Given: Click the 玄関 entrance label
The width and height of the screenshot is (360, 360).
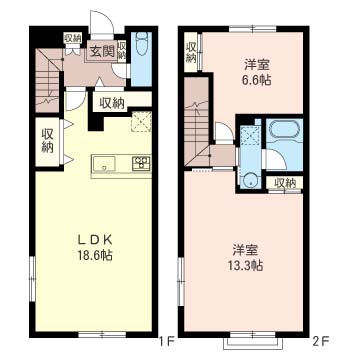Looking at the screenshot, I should pyautogui.click(x=101, y=51).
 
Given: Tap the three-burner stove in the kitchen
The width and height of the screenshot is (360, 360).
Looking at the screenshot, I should pyautogui.click(x=140, y=163).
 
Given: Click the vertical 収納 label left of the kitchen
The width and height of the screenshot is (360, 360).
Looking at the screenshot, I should pyautogui.click(x=47, y=139).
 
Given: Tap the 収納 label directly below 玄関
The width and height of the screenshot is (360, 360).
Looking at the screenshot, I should pyautogui.click(x=111, y=101).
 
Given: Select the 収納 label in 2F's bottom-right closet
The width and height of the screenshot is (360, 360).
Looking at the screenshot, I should pyautogui.click(x=286, y=183).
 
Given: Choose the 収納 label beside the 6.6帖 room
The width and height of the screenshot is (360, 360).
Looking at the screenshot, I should pyautogui.click(x=190, y=52).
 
